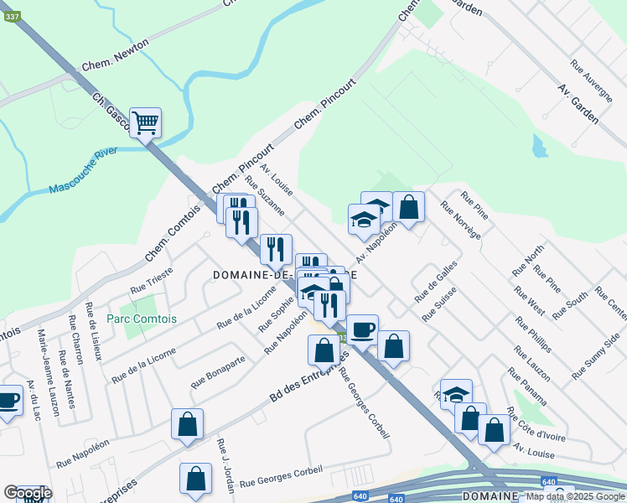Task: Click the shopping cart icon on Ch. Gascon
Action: click(x=145, y=123)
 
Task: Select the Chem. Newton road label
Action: click(x=108, y=61)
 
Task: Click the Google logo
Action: click(x=27, y=493)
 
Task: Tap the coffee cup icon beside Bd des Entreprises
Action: click(x=362, y=329)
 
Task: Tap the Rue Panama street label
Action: click(x=526, y=385)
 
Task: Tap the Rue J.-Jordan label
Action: click(x=222, y=456)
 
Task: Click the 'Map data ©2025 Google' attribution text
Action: click(x=575, y=496)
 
